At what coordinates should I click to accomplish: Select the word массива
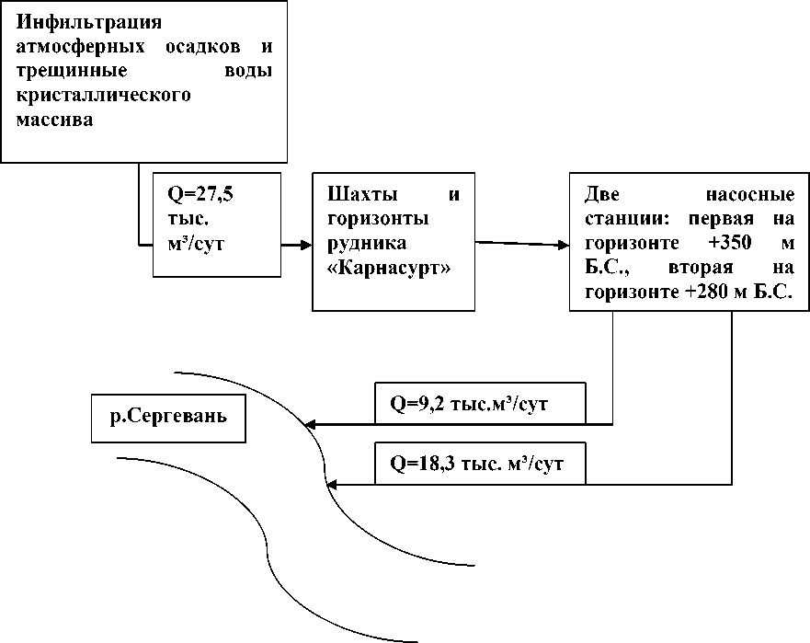tap(55, 121)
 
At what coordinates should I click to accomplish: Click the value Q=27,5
tap(200, 195)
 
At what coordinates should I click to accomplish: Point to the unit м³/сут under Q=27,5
tap(196, 244)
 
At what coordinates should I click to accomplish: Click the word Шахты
tap(362, 194)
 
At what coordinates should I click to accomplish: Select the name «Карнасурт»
tap(389, 269)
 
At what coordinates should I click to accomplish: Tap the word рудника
tap(367, 244)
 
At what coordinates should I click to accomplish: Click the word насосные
tap(750, 195)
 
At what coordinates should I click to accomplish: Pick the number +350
tap(730, 243)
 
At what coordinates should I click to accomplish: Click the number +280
tap(707, 292)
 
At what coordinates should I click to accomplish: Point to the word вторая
tap(701, 269)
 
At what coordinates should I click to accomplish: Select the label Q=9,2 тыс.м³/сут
tap(469, 404)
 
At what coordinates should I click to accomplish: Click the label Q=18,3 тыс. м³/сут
tap(476, 464)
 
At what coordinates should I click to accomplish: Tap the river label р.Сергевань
tap(168, 417)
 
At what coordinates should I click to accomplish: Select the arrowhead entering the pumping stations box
tap(563, 245)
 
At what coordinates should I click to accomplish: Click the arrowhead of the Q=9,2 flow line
tap(310, 425)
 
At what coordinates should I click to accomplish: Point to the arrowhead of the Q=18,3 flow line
tap(332, 485)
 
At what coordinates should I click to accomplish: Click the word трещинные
tap(72, 72)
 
